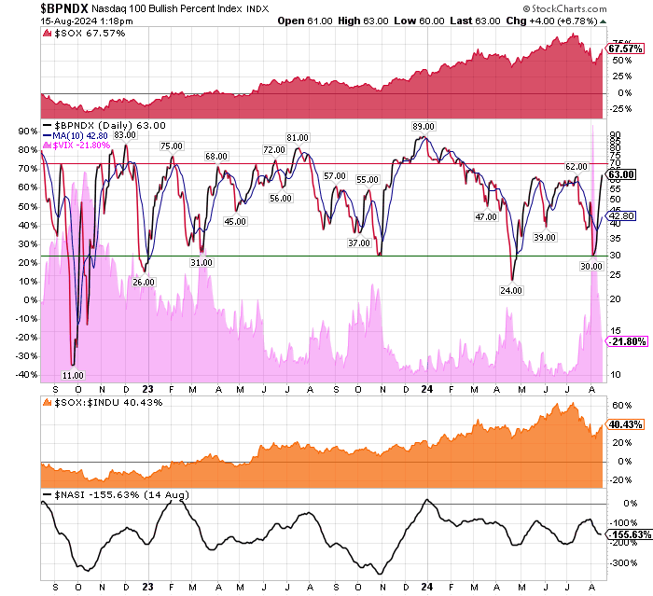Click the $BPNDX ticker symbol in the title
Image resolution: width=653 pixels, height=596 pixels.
coord(67,8)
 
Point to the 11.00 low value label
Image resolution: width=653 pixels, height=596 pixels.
coord(86,374)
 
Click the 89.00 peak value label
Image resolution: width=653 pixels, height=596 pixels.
coord(424,126)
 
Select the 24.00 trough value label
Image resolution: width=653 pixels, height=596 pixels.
coord(510,290)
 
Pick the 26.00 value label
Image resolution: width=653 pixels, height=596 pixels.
coord(143,282)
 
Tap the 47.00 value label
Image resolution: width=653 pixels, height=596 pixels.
coord(485,216)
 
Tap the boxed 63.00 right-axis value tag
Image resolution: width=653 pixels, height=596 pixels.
coord(621,173)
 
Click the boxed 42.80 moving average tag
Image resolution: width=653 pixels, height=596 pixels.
coord(621,215)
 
